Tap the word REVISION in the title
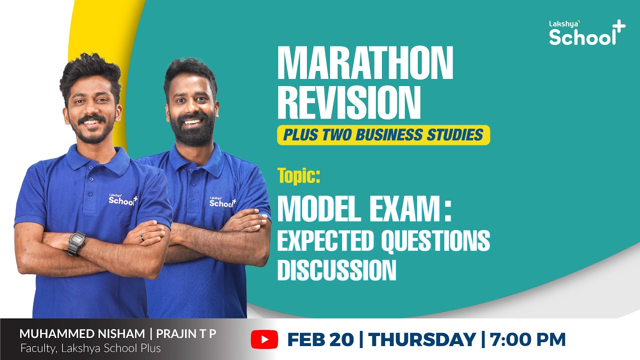(348, 102)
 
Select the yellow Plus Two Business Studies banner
(383, 134)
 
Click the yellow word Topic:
(299, 176)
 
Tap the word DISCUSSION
(336, 270)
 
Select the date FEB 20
(319, 340)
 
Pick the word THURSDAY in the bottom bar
(422, 340)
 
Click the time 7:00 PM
(527, 340)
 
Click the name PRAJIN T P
(187, 334)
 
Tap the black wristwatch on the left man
(76, 243)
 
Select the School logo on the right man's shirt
(222, 202)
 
